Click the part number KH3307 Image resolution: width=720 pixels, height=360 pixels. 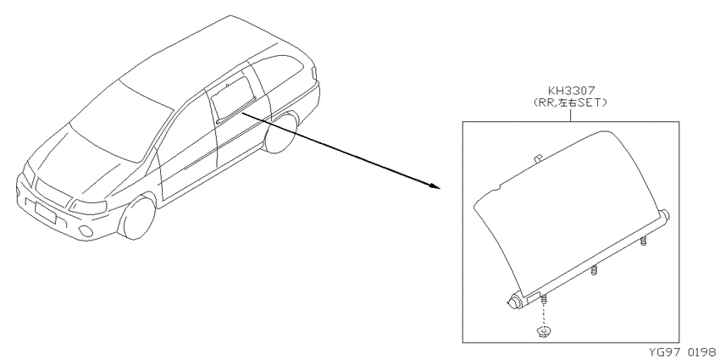point(571,91)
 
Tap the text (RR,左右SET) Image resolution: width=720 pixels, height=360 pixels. point(571,102)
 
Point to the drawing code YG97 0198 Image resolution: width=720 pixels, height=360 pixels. point(684,352)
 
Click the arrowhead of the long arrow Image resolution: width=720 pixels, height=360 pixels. point(435,186)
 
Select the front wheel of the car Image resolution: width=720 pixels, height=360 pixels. point(138,217)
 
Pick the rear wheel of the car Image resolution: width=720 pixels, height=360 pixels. point(281,132)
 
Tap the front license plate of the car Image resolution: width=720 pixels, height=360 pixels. point(45,213)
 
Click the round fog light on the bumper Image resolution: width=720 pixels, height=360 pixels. point(85,231)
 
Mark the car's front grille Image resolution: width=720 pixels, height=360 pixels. point(53,192)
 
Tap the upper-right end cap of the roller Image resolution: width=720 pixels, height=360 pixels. point(665,215)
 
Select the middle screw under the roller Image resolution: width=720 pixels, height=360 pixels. point(594,270)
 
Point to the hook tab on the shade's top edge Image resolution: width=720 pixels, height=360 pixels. point(538,158)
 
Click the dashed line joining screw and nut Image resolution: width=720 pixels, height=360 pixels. point(544,314)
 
